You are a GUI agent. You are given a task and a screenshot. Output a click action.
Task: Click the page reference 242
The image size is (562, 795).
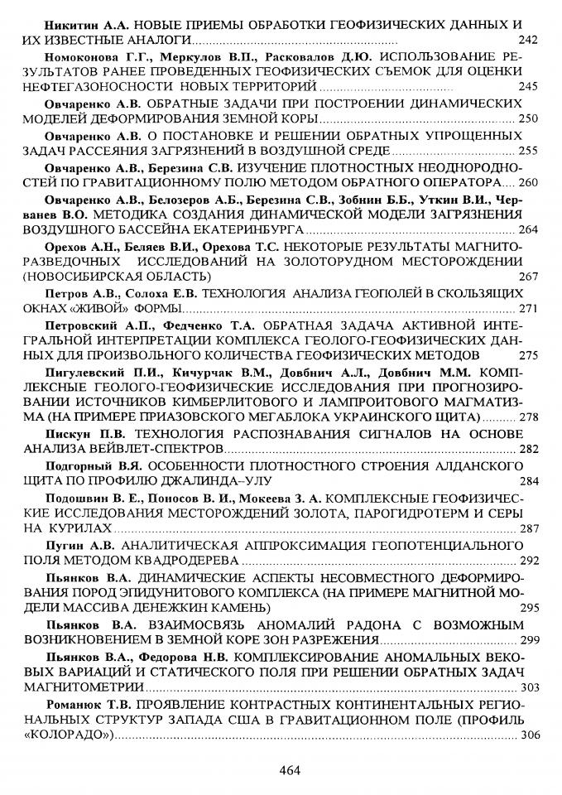(527, 41)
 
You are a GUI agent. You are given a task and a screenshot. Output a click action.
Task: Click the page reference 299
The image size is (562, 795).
(527, 640)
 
